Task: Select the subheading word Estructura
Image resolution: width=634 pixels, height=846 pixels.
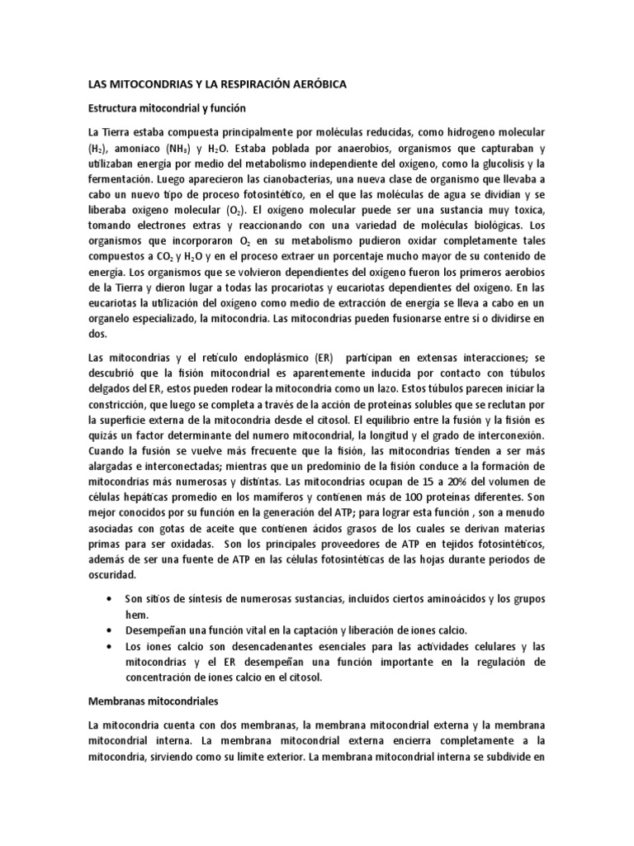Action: click(115, 108)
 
